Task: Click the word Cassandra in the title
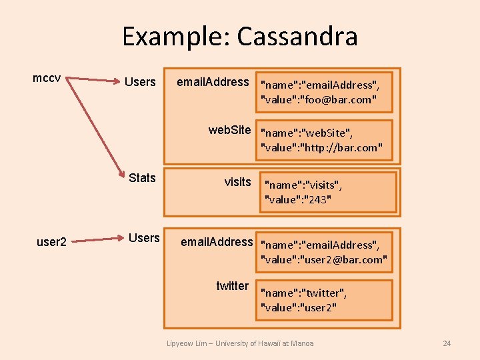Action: tap(297, 36)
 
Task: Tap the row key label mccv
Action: tap(47, 79)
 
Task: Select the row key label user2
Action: tap(51, 242)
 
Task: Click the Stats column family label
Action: tap(142, 177)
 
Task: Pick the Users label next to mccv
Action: tap(140, 82)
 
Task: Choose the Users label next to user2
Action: tap(144, 238)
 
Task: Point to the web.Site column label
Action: tap(229, 130)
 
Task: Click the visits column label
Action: tap(237, 182)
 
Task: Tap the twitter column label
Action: tap(232, 286)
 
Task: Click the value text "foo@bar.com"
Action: tap(341, 100)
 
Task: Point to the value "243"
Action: tap(319, 199)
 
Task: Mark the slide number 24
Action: tap(447, 343)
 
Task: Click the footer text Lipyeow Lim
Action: tap(184, 343)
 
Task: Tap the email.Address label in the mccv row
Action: tap(212, 82)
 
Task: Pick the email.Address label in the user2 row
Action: tap(217, 241)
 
